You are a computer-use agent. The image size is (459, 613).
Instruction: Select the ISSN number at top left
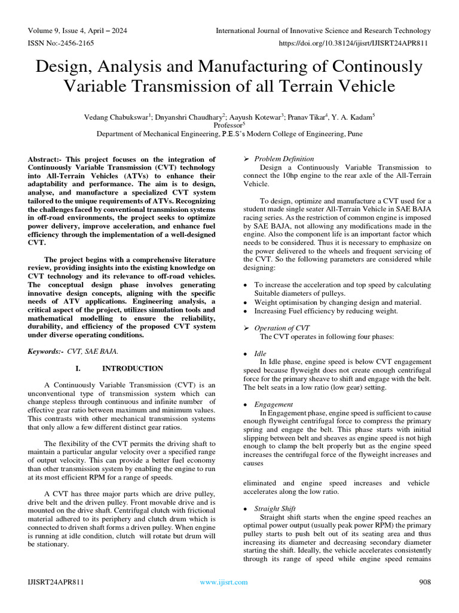pos(61,43)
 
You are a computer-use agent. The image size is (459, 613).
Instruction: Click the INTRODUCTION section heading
pos(133,368)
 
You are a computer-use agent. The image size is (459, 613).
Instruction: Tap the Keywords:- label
pos(46,351)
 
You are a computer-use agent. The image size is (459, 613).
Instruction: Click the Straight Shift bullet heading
pos(275,508)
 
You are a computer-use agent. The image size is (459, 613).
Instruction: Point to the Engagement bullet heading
pos(273,405)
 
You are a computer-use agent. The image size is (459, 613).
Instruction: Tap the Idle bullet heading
pos(261,354)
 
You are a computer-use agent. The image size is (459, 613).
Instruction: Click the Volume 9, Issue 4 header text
pos(77,31)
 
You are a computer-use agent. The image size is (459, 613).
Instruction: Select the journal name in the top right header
pos(323,31)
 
